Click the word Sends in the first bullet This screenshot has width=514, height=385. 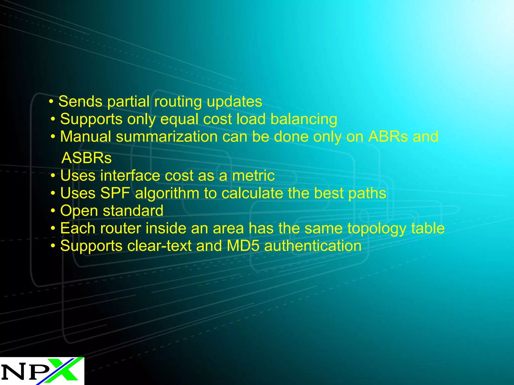click(80, 102)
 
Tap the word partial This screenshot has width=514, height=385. click(128, 102)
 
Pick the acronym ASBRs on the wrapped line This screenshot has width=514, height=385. click(87, 158)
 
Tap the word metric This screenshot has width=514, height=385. click(253, 175)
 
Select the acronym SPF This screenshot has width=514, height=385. click(115, 193)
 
